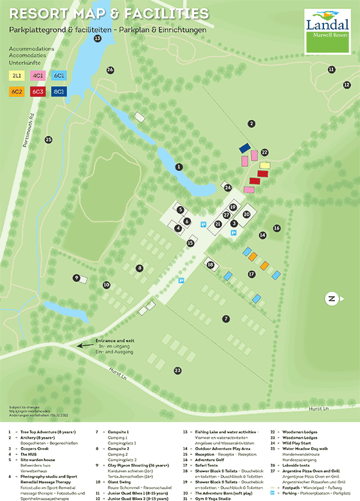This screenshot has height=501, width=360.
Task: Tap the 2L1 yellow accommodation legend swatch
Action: tap(15, 75)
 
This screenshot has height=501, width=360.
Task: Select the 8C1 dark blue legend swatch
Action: tap(59, 92)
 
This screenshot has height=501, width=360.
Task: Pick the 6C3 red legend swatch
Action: tap(37, 92)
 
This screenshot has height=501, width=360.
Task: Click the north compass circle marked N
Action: tap(332, 298)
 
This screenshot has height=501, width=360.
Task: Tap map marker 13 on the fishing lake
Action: tap(98, 39)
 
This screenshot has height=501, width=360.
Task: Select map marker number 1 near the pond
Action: tap(179, 167)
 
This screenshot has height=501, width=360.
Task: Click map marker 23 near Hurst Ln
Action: tap(178, 370)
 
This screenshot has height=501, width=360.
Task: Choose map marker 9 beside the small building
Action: tap(76, 278)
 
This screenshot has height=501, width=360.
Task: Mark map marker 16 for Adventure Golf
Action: tap(277, 228)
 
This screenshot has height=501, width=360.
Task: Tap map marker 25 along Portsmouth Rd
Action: tap(48, 139)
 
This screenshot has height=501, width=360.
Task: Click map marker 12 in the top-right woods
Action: tap(346, 84)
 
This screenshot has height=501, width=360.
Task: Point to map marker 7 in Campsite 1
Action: tap(226, 319)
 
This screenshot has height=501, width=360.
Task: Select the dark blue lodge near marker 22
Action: tap(244, 148)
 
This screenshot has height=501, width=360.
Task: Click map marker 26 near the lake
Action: tap(110, 69)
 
